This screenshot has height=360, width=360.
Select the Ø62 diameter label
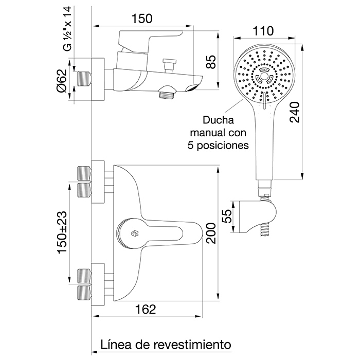62,81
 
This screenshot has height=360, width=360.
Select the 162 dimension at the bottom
146,310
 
